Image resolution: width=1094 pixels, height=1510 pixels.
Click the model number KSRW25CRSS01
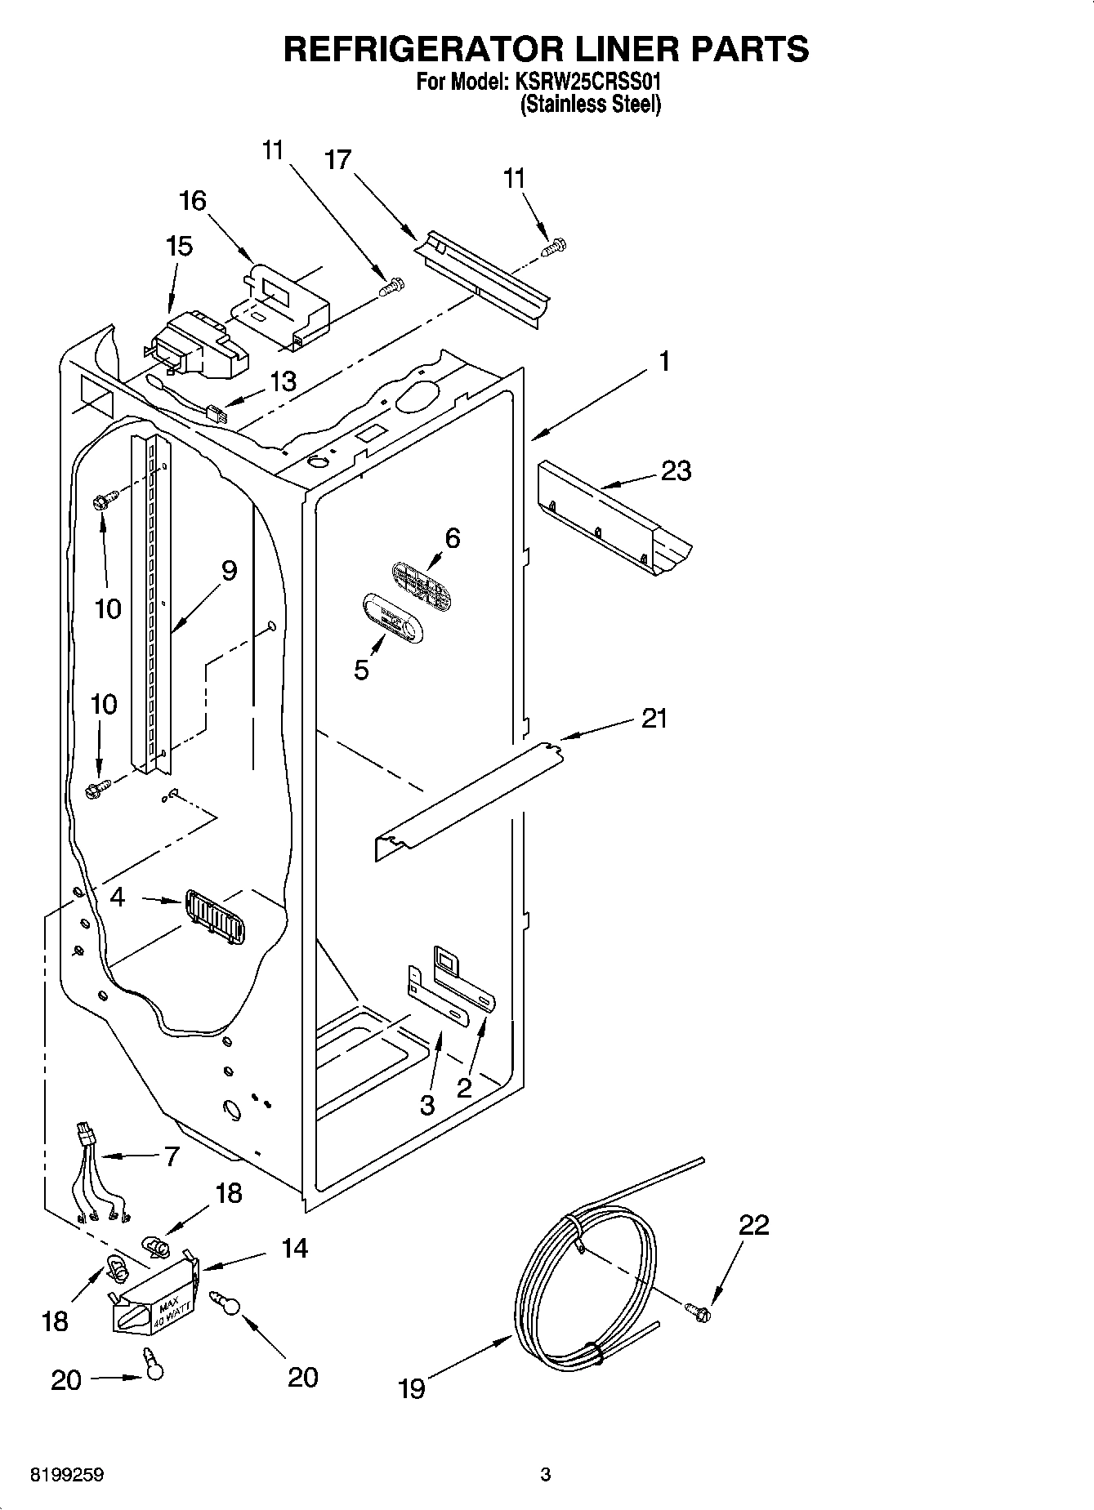pos(587,82)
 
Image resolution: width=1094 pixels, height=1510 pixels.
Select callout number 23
pos(676,471)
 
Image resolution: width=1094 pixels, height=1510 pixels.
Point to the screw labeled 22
pos(699,1312)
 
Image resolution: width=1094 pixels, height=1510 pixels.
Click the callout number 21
pos(654,719)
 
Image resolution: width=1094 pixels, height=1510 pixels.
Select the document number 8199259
pos(67,1476)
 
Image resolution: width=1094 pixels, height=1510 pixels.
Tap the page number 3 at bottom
pos(546,1476)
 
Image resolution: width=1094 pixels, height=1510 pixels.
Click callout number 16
pos(193,200)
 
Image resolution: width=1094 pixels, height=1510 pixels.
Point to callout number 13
pos(283,381)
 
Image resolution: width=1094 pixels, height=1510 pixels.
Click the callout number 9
pos(229,570)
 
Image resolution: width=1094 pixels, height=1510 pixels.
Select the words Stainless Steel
pos(590,105)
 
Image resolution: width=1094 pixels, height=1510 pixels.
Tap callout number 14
pos(295,1248)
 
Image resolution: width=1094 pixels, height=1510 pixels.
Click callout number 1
pos(664,361)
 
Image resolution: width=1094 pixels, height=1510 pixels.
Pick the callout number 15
pos(179,246)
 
